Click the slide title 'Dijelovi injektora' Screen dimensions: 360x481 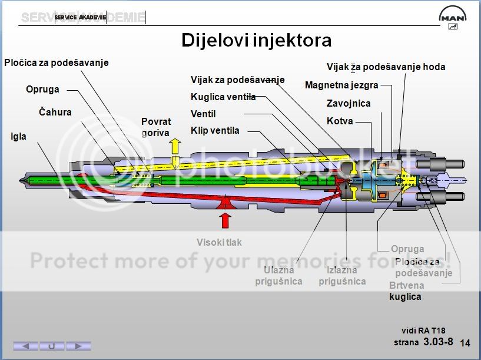pyautogui.click(x=256, y=40)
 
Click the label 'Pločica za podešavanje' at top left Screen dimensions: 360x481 pyautogui.click(x=57, y=62)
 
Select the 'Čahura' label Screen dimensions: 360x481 pyautogui.click(x=55, y=112)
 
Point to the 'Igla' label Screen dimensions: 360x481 pyautogui.click(x=18, y=137)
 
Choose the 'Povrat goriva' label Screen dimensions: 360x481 pyautogui.click(x=156, y=127)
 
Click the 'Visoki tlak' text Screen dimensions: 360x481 pyautogui.click(x=219, y=242)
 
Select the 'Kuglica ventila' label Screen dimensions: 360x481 pyautogui.click(x=223, y=97)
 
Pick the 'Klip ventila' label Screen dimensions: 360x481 pyautogui.click(x=215, y=130)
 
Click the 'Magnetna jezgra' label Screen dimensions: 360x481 pyautogui.click(x=341, y=85)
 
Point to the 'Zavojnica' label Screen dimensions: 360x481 pyautogui.click(x=349, y=104)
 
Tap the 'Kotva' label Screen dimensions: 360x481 pyautogui.click(x=340, y=121)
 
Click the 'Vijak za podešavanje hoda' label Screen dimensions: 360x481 pyautogui.click(x=386, y=67)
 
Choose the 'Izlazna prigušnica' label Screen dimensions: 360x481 pyautogui.click(x=342, y=276)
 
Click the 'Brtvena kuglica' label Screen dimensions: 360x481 pyautogui.click(x=406, y=291)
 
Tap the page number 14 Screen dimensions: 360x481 pyautogui.click(x=465, y=343)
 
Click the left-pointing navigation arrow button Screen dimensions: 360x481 pyautogui.click(x=25, y=346)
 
